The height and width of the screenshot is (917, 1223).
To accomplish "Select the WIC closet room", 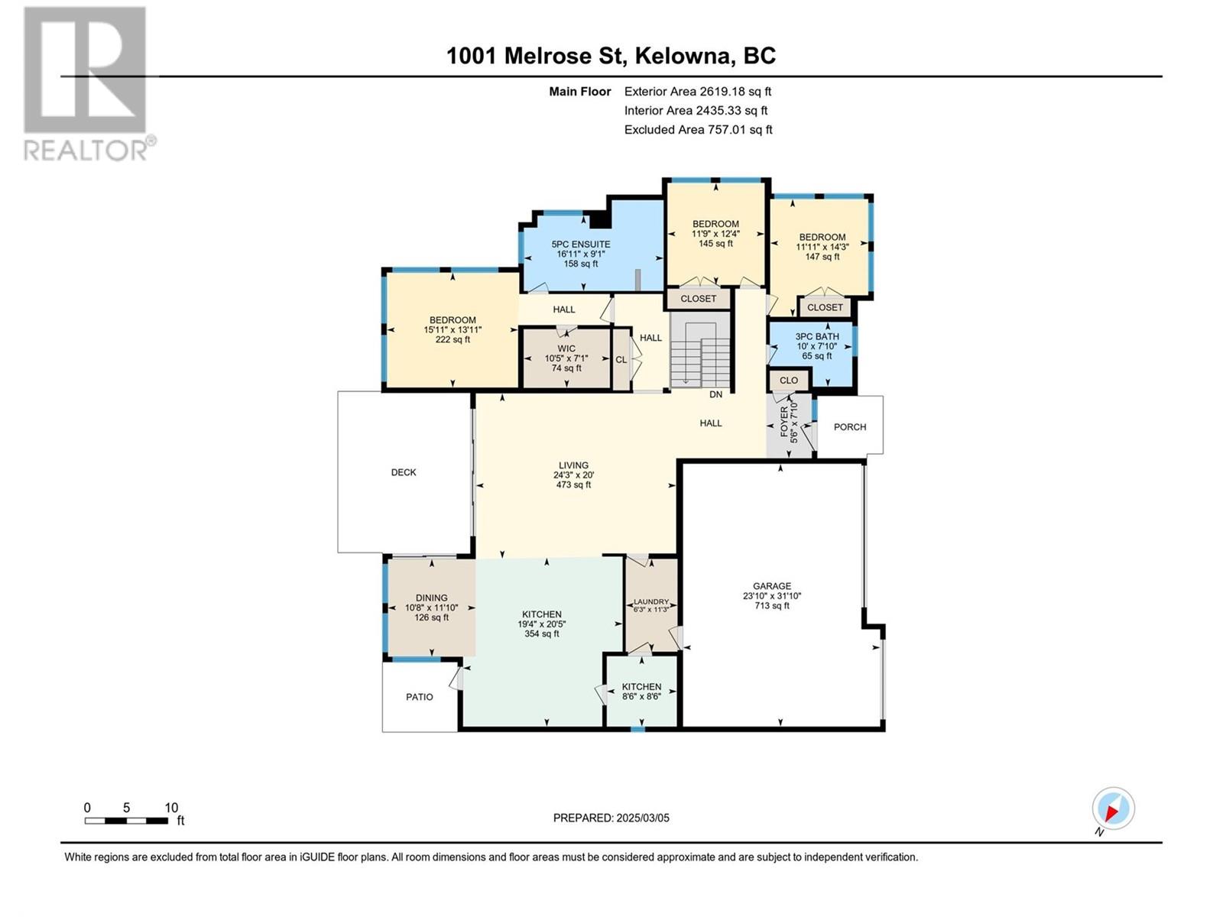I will [566, 358].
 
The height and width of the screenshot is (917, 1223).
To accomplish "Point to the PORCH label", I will [850, 427].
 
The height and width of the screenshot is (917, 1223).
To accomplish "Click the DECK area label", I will [404, 472].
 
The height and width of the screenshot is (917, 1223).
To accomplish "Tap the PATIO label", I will [420, 697].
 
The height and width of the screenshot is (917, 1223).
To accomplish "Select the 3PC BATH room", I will [816, 346].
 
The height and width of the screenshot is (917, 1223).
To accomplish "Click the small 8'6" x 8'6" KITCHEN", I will [641, 692].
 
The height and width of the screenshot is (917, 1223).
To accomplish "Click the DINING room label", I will [432, 608].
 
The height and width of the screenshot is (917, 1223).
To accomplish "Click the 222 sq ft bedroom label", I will [453, 330].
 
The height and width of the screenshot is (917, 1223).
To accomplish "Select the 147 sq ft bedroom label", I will [822, 247].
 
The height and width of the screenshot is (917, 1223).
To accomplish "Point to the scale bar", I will [126, 821].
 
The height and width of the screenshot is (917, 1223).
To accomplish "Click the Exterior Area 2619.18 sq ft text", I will [697, 92].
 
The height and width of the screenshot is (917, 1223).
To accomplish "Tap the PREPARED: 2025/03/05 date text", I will [611, 818].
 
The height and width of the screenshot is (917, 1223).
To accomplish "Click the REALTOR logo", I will [86, 84].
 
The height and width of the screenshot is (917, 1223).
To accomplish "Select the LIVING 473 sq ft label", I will [573, 475].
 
